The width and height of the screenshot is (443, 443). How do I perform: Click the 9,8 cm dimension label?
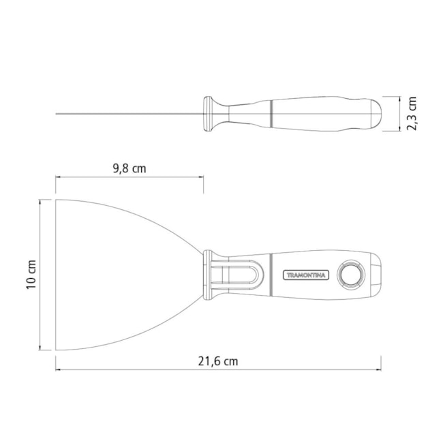pyautogui.click(x=128, y=168)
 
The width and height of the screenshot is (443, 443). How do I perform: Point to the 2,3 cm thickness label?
pyautogui.click(x=410, y=113)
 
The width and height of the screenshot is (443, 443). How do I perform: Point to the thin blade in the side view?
pyautogui.click(x=129, y=113)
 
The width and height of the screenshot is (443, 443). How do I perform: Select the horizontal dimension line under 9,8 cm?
pyautogui.click(x=129, y=178)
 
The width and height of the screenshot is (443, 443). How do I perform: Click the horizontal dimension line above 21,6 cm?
pyautogui.click(x=218, y=370)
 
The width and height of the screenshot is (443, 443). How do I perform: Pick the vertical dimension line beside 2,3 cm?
pyautogui.click(x=399, y=113)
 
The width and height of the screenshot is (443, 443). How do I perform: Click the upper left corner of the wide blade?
pyautogui.click(x=57, y=200)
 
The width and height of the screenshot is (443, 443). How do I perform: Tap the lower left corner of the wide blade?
pyautogui.click(x=57, y=349)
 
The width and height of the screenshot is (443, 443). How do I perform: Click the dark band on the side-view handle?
pyautogui.click(x=273, y=113)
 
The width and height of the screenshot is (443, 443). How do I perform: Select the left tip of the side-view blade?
pyautogui.click(x=57, y=113)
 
